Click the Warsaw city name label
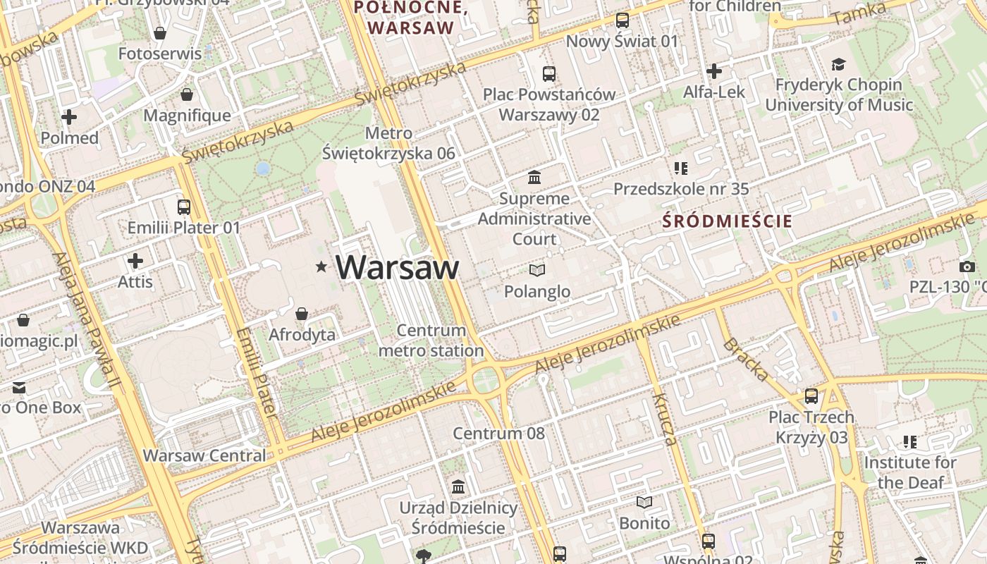coord(397,267)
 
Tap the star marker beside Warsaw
coord(321,266)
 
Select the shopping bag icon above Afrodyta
coord(302,313)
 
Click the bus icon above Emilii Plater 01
coord(184,207)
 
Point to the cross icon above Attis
coord(135,261)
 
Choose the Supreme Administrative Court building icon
coord(534,177)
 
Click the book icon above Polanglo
coord(537,270)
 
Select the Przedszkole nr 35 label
coord(681,188)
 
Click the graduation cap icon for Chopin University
coord(838,65)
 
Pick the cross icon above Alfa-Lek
coord(714,71)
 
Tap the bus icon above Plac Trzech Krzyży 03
coord(811,396)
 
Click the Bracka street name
coord(745,359)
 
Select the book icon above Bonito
coord(644,502)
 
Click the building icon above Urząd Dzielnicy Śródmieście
coord(458,486)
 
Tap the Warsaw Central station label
coord(204,455)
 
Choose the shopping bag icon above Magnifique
coord(187,94)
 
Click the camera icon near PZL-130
coord(967,266)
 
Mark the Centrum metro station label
coord(431,340)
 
